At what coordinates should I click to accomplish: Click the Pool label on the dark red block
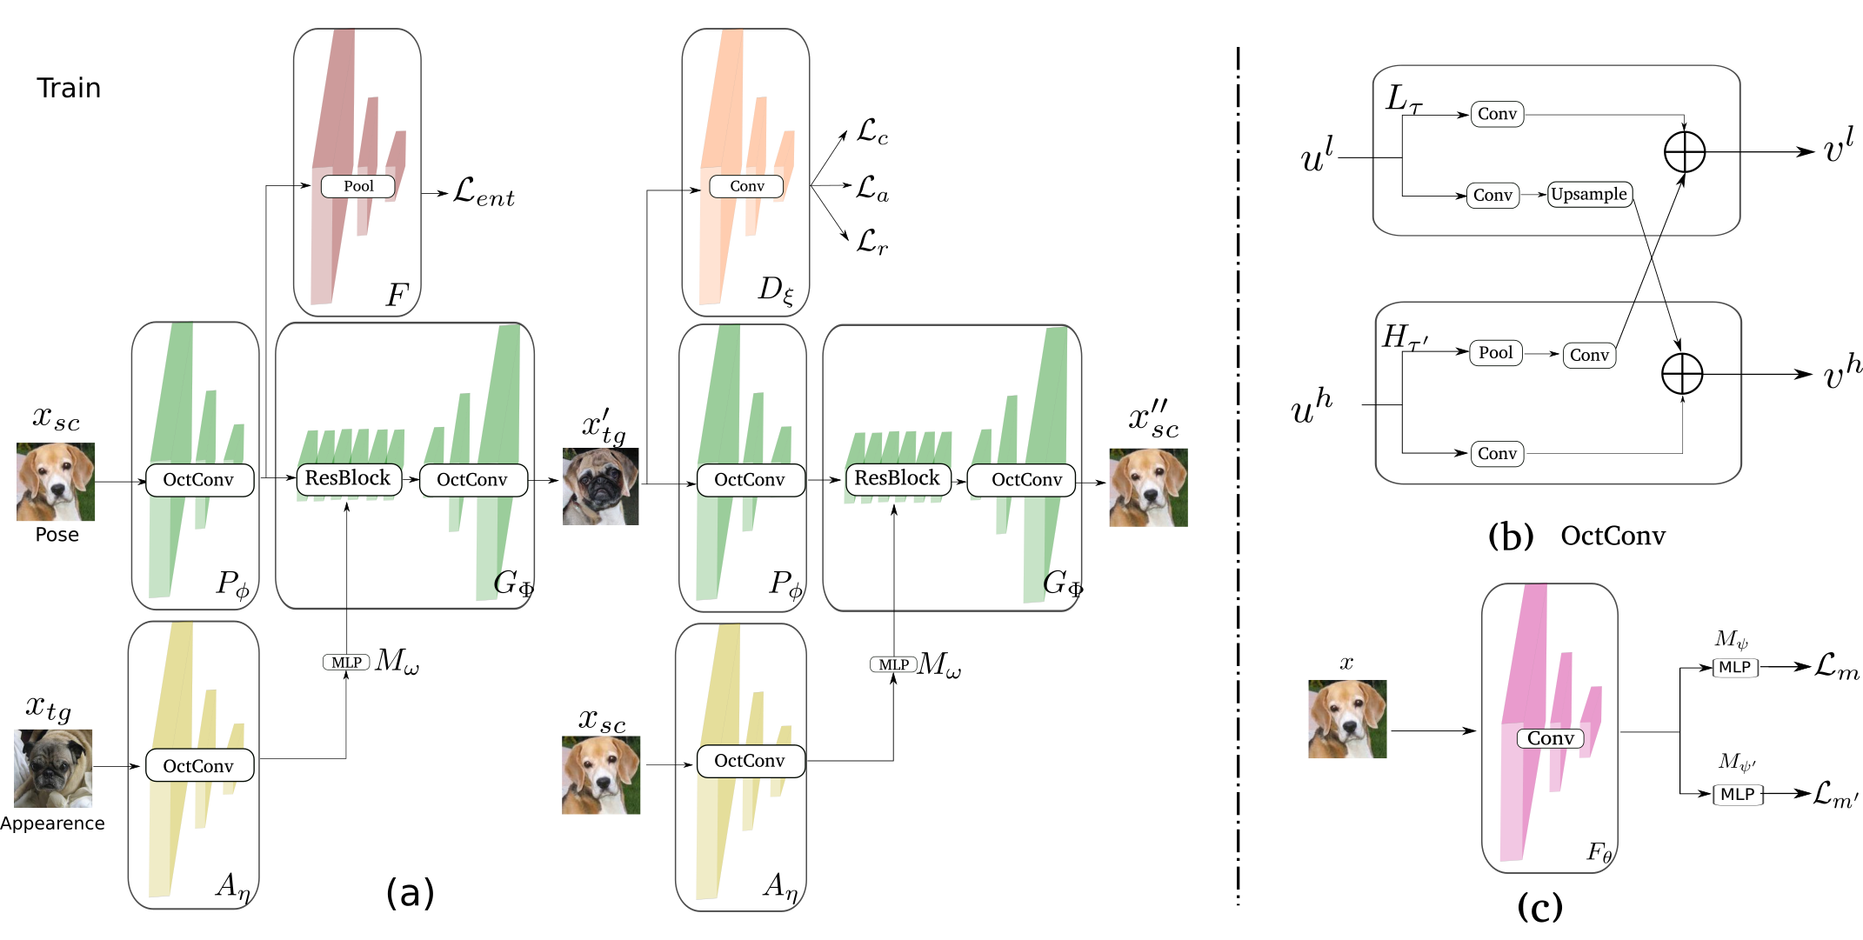[x=357, y=186]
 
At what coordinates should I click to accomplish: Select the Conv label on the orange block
[x=746, y=186]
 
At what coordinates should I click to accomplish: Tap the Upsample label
[x=1589, y=194]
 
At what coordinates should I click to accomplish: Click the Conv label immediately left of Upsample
[x=1492, y=196]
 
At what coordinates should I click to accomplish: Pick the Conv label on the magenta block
[x=1550, y=738]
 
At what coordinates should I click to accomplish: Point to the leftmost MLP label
[x=346, y=663]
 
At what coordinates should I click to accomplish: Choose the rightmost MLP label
[x=893, y=664]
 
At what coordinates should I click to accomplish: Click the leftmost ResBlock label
[x=348, y=478]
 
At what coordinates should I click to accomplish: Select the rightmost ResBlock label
[x=898, y=478]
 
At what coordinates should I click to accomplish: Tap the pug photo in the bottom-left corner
[x=53, y=768]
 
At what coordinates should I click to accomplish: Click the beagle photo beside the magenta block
[x=1347, y=719]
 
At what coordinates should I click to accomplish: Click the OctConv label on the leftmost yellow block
[x=199, y=766]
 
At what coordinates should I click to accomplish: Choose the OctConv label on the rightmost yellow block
[x=750, y=761]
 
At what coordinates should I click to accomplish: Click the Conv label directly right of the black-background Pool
[x=1589, y=355]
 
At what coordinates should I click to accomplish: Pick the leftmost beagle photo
[x=56, y=483]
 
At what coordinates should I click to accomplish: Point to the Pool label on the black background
[x=1495, y=352]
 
